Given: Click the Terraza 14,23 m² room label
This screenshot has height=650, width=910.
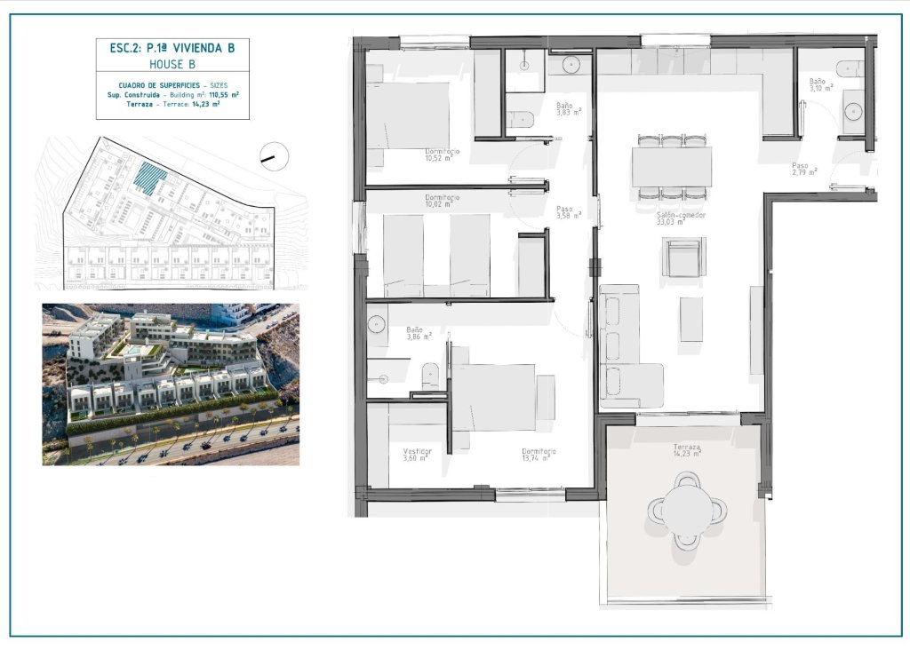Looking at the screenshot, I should pos(687,450).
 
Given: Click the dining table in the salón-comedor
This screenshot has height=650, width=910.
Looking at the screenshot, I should pos(672,166).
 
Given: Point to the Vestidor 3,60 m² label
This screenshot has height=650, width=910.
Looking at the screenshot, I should pos(417,454).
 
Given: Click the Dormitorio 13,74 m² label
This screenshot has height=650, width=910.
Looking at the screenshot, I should pos(539,454).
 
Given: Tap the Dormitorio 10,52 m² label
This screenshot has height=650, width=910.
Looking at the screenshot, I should pos(442,155).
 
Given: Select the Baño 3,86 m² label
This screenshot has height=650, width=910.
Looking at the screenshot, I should pos(419,332).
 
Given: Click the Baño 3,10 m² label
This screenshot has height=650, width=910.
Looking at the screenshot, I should pos(820,84).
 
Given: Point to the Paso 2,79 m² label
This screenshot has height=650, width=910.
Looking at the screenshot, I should pos(804,168).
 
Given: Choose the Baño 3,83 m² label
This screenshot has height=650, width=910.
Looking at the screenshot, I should pos(569,109).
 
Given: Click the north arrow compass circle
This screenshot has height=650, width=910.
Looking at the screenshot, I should pos(275,156).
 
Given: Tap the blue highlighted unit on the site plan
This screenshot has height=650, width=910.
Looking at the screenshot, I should pos(150,178).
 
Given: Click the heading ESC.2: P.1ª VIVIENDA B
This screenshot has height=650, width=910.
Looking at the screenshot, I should pos(172,49).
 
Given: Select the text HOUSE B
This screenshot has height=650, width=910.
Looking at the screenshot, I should pos(172,65).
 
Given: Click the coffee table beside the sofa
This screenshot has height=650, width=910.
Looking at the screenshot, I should pos(691,319).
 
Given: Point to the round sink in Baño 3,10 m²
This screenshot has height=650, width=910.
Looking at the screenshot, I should pos(853,111).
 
